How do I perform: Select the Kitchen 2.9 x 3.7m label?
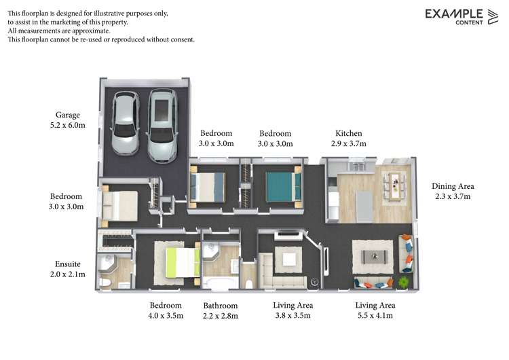[349, 139]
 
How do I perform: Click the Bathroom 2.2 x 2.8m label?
[221, 310]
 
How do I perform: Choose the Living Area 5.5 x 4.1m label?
[375, 310]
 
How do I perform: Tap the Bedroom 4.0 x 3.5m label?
[166, 310]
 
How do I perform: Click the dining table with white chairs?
[394, 185]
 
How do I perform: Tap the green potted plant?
[404, 280]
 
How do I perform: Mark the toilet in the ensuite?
[104, 281]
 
